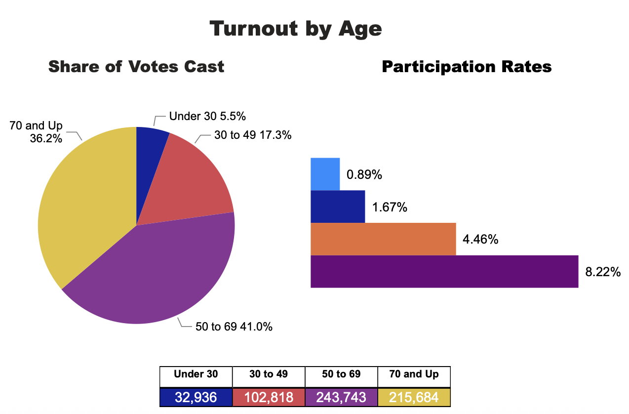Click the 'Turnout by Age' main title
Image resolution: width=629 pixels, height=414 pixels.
click(296, 29)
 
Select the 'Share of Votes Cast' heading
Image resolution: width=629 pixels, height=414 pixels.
click(136, 67)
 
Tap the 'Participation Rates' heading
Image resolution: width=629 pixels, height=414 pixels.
click(467, 67)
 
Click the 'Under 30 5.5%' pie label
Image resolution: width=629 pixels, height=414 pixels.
click(207, 117)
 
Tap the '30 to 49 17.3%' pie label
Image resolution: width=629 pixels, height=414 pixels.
click(253, 135)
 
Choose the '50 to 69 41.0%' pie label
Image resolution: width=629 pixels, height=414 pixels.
click(234, 327)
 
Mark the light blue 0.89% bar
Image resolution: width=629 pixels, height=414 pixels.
click(325, 174)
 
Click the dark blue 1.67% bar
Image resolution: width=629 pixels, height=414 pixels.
click(338, 207)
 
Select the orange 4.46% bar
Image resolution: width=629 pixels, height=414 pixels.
click(383, 239)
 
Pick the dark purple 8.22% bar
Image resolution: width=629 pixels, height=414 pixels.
click(444, 271)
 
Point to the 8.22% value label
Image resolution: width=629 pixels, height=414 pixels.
click(602, 272)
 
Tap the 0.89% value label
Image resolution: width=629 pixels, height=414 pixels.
click(364, 175)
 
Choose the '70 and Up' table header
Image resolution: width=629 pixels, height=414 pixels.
click(414, 374)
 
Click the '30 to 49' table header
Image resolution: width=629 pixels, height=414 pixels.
click(269, 374)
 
